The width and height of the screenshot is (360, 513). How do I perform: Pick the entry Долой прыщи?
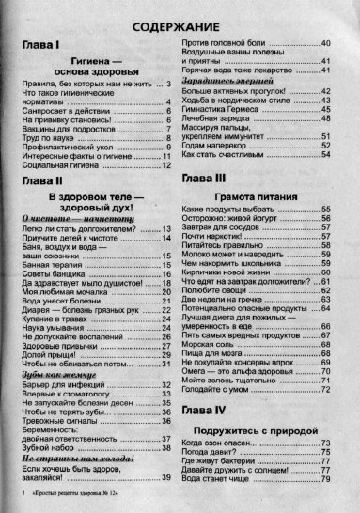coord(48,381)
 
